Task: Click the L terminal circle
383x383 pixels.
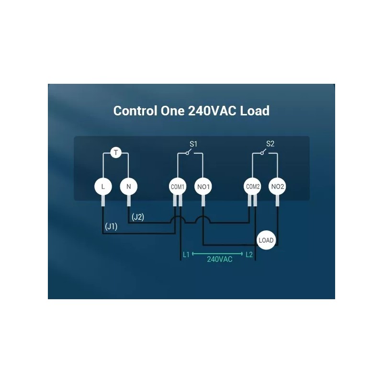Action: pos(103,186)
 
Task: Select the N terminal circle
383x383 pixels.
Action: pos(128,186)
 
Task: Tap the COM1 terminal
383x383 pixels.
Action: pos(178,186)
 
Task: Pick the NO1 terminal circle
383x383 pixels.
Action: pos(203,186)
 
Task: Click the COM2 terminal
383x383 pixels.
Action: pos(252,186)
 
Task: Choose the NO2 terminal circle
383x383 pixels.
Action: pos(278,186)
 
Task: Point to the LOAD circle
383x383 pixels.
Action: pos(266,240)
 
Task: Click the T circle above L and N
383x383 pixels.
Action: pos(116,153)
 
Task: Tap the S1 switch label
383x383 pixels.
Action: pos(193,143)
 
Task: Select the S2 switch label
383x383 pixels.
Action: pos(270,143)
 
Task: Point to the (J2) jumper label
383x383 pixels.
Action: pos(138,217)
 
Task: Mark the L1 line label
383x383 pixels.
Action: pos(186,255)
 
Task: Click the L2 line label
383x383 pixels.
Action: pos(249,255)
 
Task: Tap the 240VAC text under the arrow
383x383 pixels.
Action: pos(220,259)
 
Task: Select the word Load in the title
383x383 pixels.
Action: pos(255,111)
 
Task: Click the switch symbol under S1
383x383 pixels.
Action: pos(190,153)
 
